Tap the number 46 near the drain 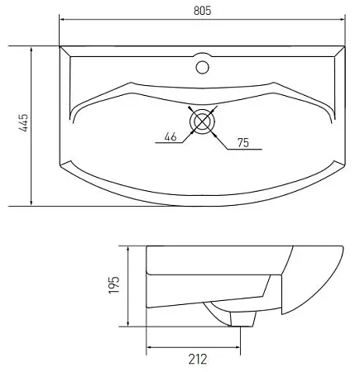(x=170, y=136)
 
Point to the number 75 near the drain (x=242, y=143)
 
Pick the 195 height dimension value (x=115, y=285)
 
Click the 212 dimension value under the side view (x=196, y=358)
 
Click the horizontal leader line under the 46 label (x=169, y=144)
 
